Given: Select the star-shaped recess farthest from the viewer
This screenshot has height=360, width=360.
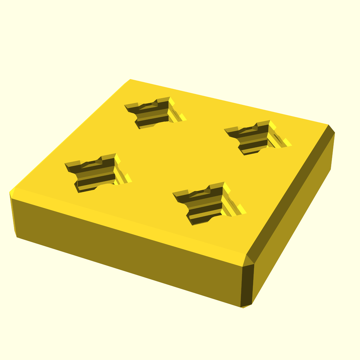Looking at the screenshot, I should pos(153,112).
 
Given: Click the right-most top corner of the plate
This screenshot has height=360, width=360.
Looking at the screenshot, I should pos(330,126).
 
